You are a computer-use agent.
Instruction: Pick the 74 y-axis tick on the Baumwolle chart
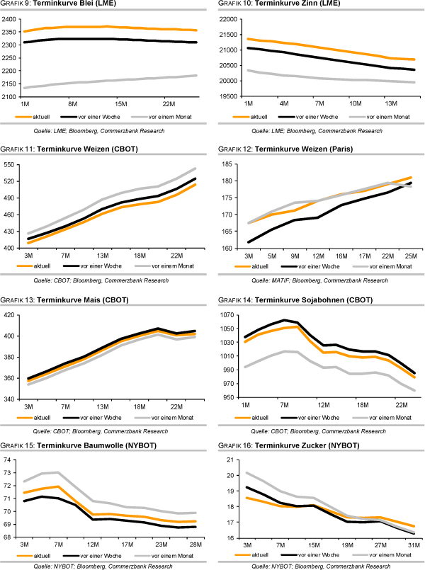click(11, 460)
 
